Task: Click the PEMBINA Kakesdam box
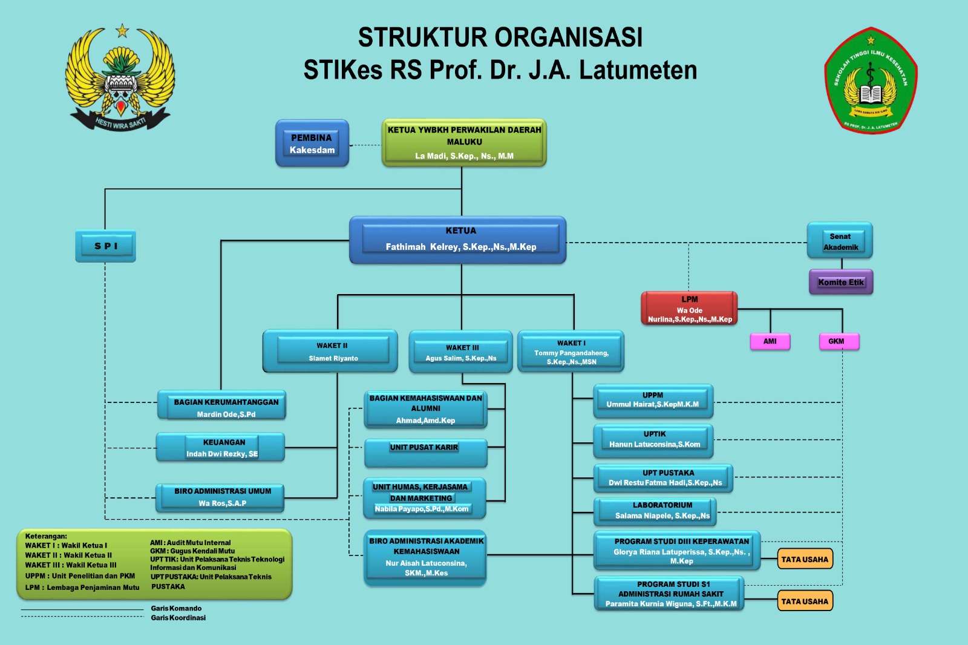point(312,143)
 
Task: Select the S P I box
point(106,246)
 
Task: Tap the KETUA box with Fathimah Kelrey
point(458,240)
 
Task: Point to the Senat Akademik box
point(840,241)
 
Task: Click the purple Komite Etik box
point(841,282)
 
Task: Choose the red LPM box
point(689,309)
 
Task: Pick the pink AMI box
point(770,341)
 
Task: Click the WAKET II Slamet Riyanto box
point(330,351)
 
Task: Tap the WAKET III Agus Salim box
point(461,352)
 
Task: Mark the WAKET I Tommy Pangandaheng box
point(571,352)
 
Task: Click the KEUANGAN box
point(221,448)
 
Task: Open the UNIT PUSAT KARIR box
point(425,453)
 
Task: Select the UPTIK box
point(653,440)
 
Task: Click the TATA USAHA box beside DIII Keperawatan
point(805,559)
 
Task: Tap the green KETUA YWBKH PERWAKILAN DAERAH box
point(464,143)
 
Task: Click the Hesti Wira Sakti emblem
point(120,77)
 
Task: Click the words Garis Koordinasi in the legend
point(178,618)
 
